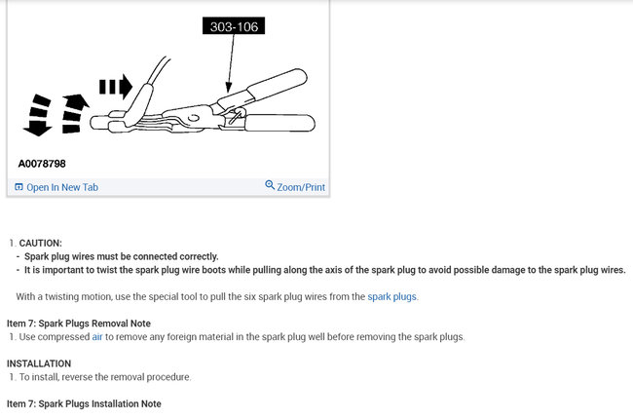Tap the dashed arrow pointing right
tap(115, 88)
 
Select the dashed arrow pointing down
tap(39, 114)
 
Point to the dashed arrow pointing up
tap(73, 113)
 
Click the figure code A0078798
tap(42, 164)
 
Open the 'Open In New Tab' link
tap(62, 187)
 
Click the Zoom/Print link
tap(301, 187)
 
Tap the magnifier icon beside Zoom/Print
tap(270, 186)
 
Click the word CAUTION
tap(41, 243)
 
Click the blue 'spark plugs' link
tap(391, 296)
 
